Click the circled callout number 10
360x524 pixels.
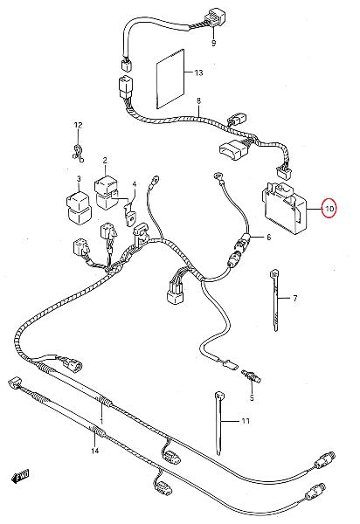tap(329, 209)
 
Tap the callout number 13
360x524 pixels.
tap(198, 72)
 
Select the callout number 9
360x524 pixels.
tap(213, 43)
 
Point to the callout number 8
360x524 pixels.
tap(199, 100)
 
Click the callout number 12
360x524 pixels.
tap(78, 125)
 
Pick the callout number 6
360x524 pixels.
tap(268, 238)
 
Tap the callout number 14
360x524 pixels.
tap(95, 451)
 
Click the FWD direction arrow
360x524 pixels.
tap(20, 476)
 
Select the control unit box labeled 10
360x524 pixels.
tap(285, 208)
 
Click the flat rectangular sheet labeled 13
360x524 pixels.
tap(170, 79)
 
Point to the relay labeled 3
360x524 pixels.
tap(80, 206)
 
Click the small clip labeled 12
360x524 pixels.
tap(78, 154)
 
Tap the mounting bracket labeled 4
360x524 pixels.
tap(130, 214)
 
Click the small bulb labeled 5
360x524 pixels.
tap(252, 376)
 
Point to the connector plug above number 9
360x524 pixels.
tap(212, 17)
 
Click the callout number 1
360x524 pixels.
tap(101, 422)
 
